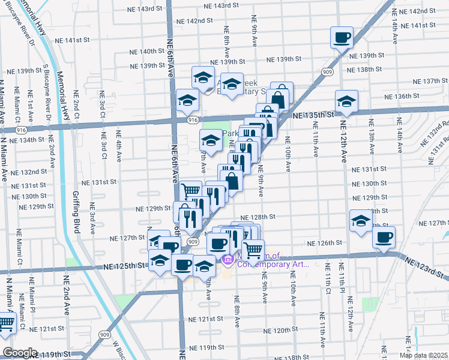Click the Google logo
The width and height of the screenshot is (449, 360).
click(x=19, y=353)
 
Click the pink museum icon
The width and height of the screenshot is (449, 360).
click(x=228, y=260)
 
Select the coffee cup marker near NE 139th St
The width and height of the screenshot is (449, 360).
click(x=342, y=38)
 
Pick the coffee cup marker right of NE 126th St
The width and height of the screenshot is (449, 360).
click(x=384, y=236)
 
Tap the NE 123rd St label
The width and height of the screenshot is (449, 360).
click(x=424, y=267)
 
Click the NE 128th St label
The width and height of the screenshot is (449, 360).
click(x=258, y=217)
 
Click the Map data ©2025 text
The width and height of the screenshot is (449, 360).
click(x=423, y=355)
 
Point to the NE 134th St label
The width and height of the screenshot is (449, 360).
click(x=27, y=139)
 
